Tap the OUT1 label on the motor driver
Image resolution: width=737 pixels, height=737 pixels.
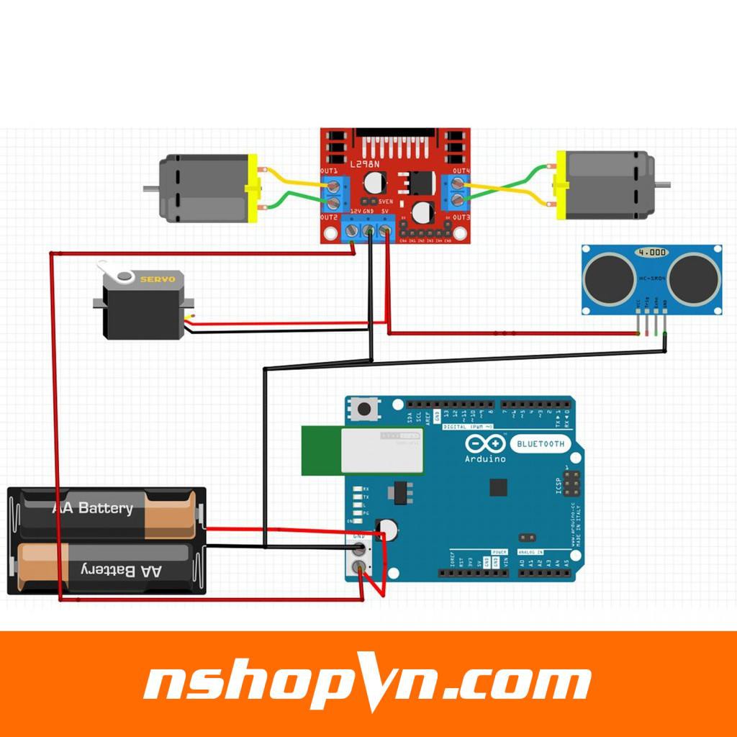[330, 171]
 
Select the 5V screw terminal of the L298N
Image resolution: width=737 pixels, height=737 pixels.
[385, 231]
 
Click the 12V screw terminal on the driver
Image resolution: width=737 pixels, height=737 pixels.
[352, 231]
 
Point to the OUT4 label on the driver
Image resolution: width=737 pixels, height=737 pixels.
[461, 171]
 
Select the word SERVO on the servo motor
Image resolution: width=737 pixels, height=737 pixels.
[157, 279]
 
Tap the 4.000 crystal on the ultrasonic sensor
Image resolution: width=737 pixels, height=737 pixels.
[651, 253]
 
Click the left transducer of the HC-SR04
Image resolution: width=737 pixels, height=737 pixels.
[609, 279]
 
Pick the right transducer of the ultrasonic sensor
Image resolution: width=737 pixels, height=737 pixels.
[695, 279]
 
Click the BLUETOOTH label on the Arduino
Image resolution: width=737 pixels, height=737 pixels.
[540, 443]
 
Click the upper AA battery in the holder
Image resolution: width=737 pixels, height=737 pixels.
[108, 512]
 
